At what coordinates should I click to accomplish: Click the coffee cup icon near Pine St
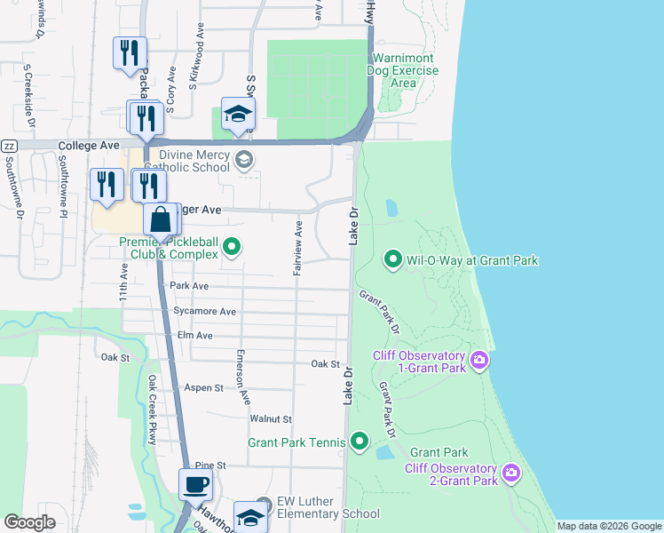tap(195, 485)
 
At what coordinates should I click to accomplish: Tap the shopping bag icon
tap(161, 218)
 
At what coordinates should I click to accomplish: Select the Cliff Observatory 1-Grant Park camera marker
tap(479, 360)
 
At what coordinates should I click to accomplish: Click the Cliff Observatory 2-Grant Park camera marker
tap(510, 473)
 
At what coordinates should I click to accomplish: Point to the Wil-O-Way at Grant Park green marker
tap(393, 259)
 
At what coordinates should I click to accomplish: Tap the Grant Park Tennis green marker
tap(360, 441)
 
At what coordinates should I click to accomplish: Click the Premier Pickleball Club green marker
tap(232, 247)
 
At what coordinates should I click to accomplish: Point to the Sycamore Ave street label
tap(205, 312)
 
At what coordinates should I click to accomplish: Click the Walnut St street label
tap(271, 418)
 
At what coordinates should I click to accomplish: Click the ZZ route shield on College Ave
tap(9, 146)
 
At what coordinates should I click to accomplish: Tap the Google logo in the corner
tap(30, 522)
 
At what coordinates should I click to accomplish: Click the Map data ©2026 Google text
tap(608, 526)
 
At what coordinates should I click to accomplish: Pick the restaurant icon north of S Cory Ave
tap(130, 52)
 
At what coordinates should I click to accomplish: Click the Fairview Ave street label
tap(299, 249)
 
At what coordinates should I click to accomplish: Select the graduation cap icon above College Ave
tap(238, 114)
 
